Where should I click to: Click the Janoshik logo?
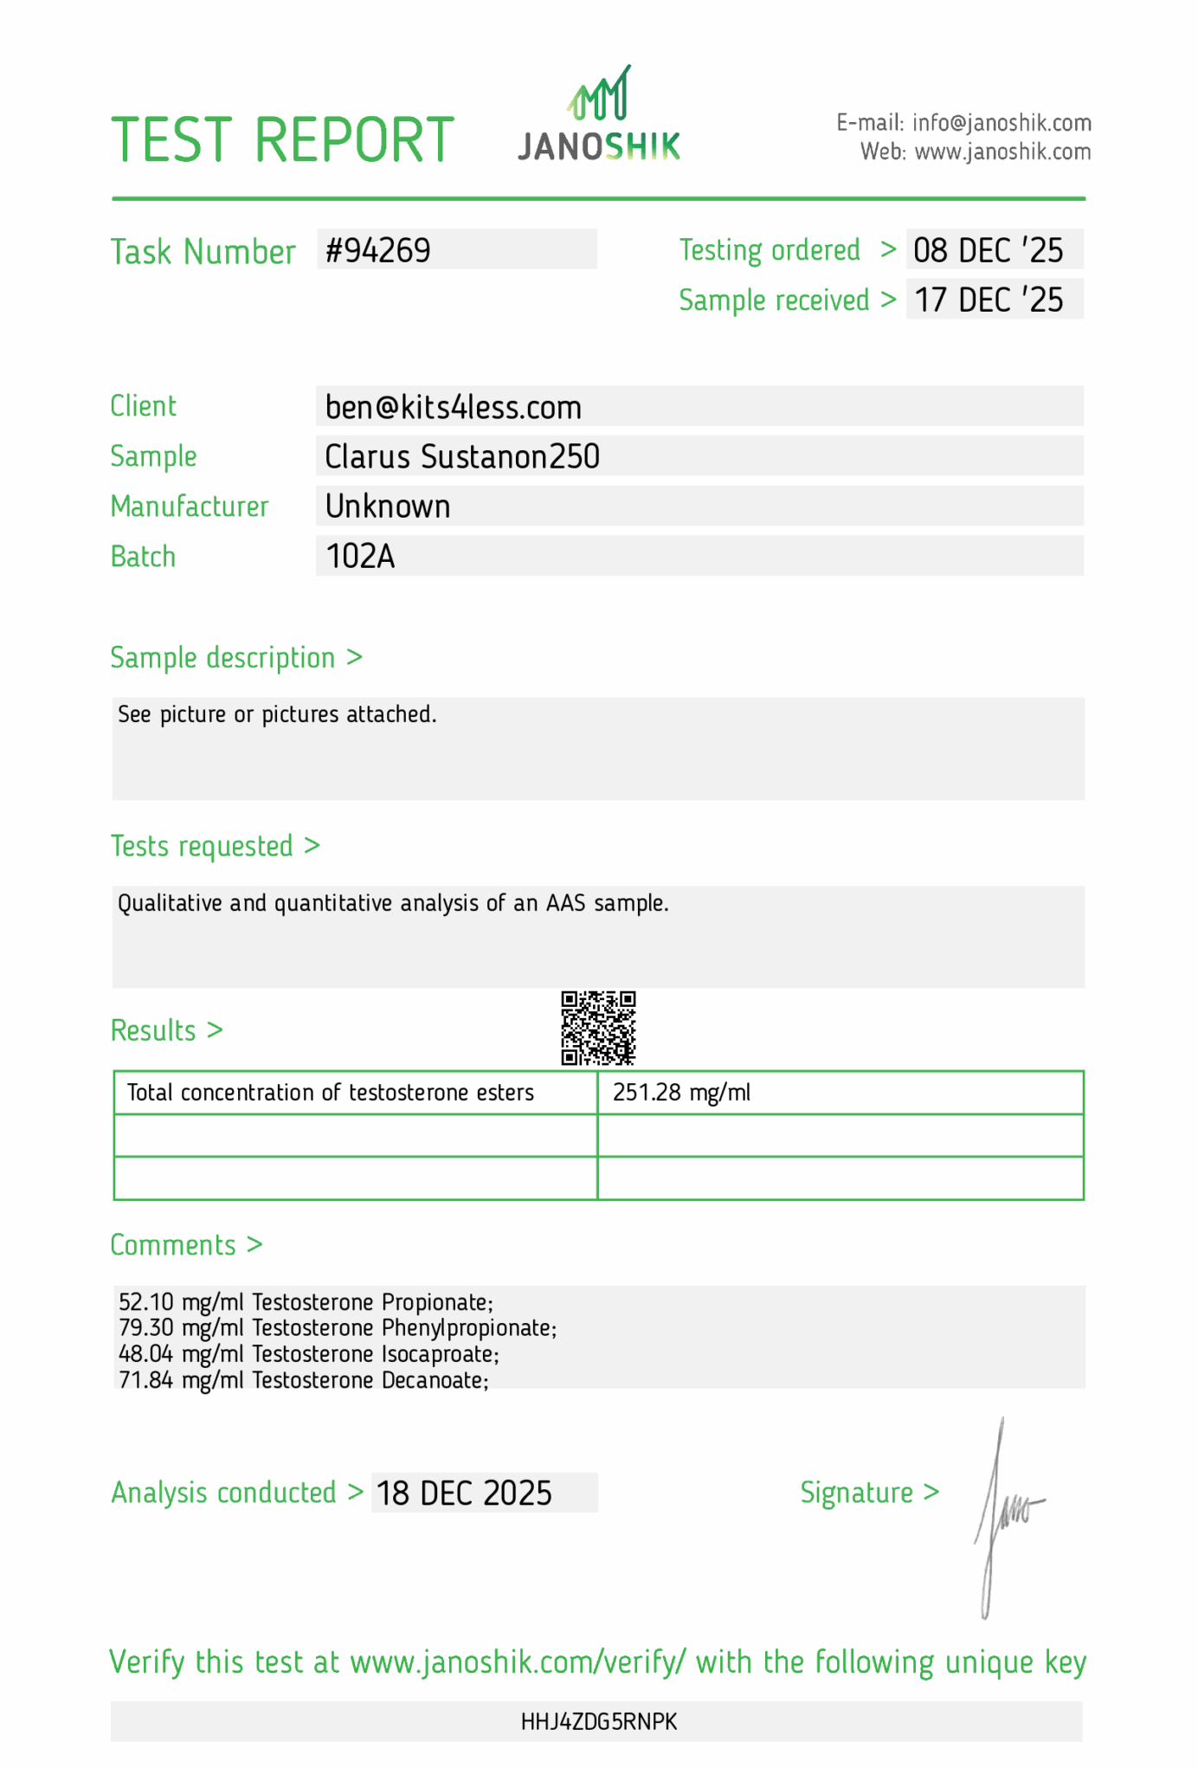point(599,117)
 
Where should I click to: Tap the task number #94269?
point(378,250)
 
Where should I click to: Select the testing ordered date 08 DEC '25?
point(988,250)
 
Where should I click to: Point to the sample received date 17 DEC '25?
point(988,300)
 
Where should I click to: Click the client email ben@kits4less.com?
point(453,407)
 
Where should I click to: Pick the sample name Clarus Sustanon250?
point(462,456)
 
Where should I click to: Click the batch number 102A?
point(360,556)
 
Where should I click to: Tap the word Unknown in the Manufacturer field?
point(388,507)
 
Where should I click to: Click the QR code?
point(598,1028)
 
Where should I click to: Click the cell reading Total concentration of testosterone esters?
point(331,1093)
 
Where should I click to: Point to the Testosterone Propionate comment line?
point(306,1302)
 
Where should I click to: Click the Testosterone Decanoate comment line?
point(304,1380)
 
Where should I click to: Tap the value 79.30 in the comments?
point(146,1328)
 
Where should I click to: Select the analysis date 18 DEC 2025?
point(464,1494)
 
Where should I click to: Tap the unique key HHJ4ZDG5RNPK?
point(599,1721)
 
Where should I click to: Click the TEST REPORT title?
point(282,140)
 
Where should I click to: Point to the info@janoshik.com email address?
point(1002,123)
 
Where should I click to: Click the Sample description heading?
point(222,658)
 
